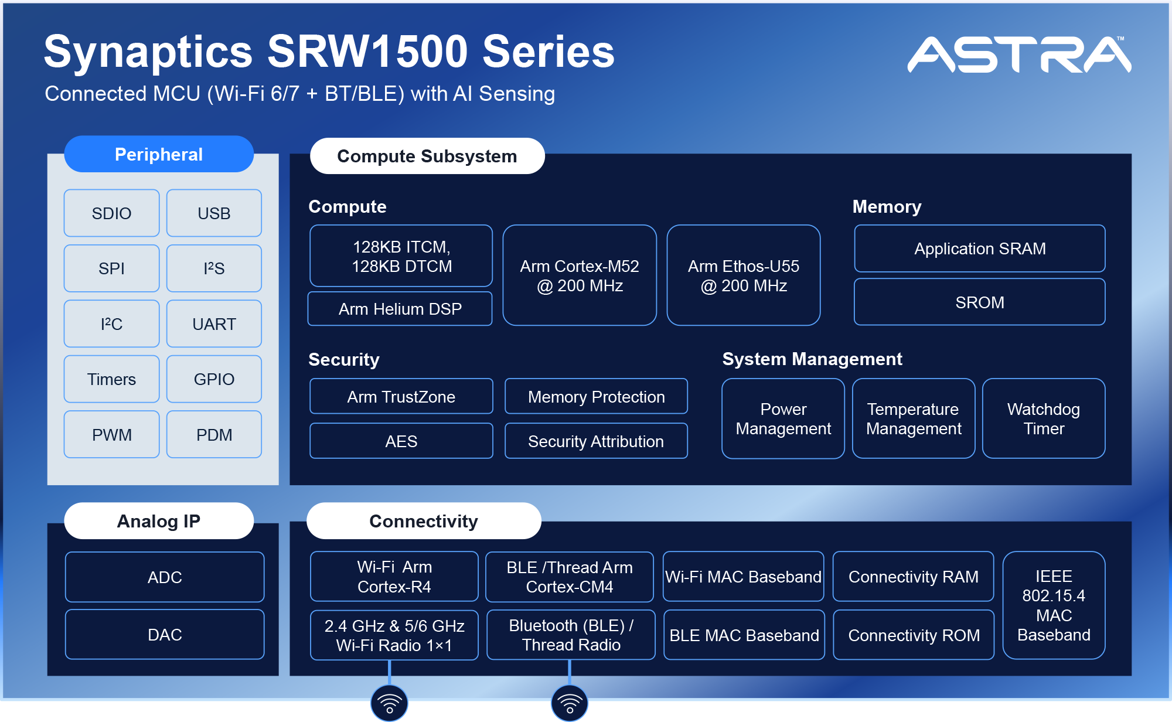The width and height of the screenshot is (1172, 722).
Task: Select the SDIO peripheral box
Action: click(x=111, y=213)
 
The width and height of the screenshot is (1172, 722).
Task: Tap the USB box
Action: click(x=214, y=213)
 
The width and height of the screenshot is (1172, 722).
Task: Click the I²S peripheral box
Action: click(x=214, y=268)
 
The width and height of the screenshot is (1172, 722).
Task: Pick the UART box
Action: click(x=214, y=324)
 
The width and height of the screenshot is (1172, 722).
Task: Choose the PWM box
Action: click(x=111, y=435)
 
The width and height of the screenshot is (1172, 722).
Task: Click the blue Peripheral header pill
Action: click(x=158, y=154)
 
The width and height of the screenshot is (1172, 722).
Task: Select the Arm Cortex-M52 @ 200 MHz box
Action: click(x=579, y=275)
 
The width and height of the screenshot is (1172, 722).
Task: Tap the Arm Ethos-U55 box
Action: click(x=743, y=275)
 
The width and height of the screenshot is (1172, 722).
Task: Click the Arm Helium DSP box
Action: click(x=400, y=309)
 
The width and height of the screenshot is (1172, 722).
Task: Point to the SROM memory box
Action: click(x=979, y=302)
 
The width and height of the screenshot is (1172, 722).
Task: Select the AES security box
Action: click(x=401, y=441)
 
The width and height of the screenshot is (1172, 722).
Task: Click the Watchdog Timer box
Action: click(x=1043, y=418)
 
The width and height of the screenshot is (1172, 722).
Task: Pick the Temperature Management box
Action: click(x=913, y=418)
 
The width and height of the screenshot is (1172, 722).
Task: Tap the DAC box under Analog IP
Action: click(x=165, y=635)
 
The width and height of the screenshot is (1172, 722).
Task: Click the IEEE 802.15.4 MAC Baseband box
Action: click(x=1053, y=605)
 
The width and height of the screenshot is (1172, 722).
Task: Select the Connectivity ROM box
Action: click(x=913, y=635)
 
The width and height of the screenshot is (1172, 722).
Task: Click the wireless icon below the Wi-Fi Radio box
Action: click(x=389, y=703)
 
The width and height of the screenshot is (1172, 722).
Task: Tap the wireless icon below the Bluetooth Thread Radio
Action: click(x=569, y=703)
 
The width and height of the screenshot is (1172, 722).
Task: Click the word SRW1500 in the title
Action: click(x=367, y=52)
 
